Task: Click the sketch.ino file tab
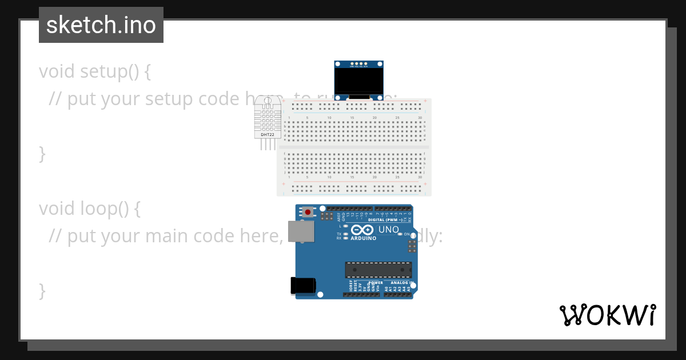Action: (101, 25)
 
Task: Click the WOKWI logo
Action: (607, 315)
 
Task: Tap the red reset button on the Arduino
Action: (308, 212)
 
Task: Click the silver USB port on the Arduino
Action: (301, 231)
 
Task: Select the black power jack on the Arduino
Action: (303, 285)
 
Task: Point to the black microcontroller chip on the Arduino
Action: (378, 270)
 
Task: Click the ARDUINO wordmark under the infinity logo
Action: (364, 238)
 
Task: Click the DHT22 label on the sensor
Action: (268, 134)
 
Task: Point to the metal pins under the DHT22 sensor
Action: (268, 145)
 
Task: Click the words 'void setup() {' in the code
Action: (95, 71)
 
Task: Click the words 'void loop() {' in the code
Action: (90, 209)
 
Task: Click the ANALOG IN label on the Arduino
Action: (401, 283)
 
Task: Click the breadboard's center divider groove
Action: (354, 147)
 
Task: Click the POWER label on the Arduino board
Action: (376, 283)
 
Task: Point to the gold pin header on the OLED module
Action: (358, 64)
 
